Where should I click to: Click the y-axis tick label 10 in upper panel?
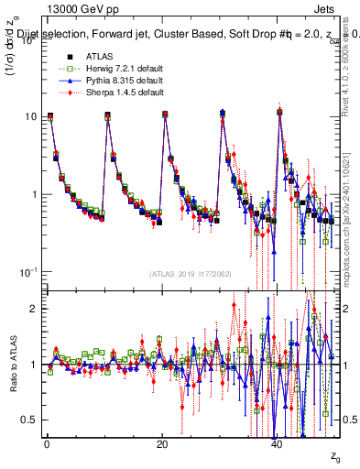click(x=34, y=116)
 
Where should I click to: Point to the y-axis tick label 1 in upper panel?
click(x=37, y=194)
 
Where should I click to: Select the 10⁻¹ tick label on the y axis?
click(x=31, y=272)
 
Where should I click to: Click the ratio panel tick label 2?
click(x=37, y=309)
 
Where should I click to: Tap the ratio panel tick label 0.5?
click(x=32, y=420)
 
